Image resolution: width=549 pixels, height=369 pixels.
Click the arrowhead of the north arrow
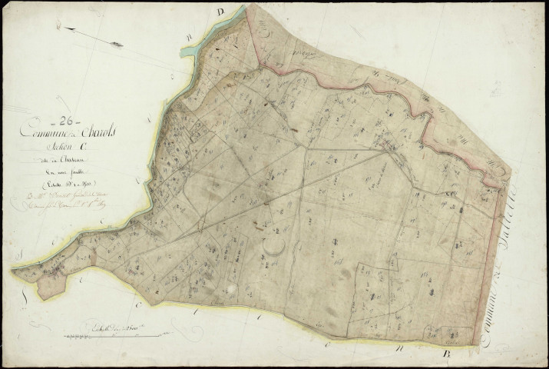click(x=64, y=29)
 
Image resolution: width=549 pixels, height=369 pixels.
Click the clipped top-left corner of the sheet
click(x=6, y=6)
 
